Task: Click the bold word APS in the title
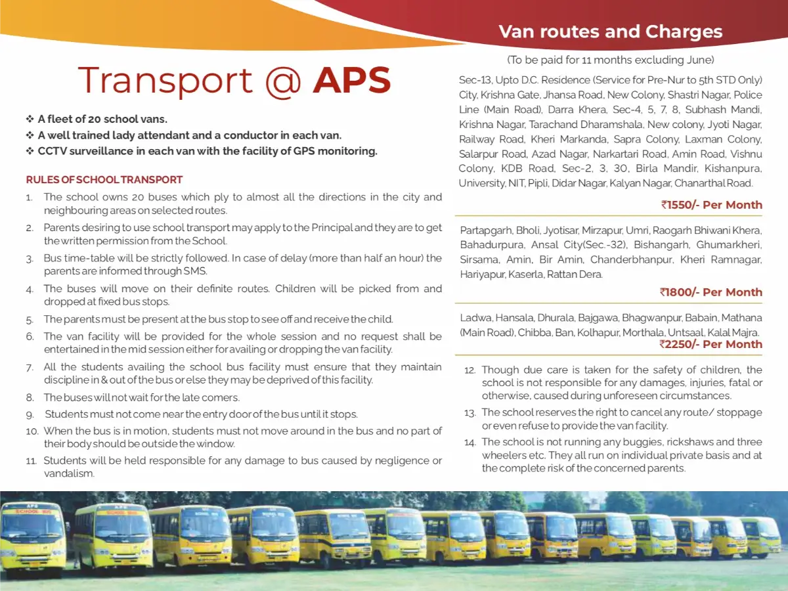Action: [x=352, y=80]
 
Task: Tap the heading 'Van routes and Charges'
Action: [x=610, y=32]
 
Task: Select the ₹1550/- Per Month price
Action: [x=712, y=205]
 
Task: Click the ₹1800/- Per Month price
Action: [x=712, y=292]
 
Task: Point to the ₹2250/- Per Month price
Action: [x=712, y=344]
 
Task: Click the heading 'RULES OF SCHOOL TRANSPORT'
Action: [x=104, y=180]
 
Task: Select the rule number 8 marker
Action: [x=30, y=398]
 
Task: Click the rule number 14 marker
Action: [x=470, y=443]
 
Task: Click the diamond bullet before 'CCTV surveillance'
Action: [x=30, y=152]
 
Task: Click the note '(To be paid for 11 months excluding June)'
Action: [x=610, y=60]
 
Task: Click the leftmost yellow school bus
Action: [x=33, y=538]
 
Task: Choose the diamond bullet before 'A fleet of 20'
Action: [x=30, y=119]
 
